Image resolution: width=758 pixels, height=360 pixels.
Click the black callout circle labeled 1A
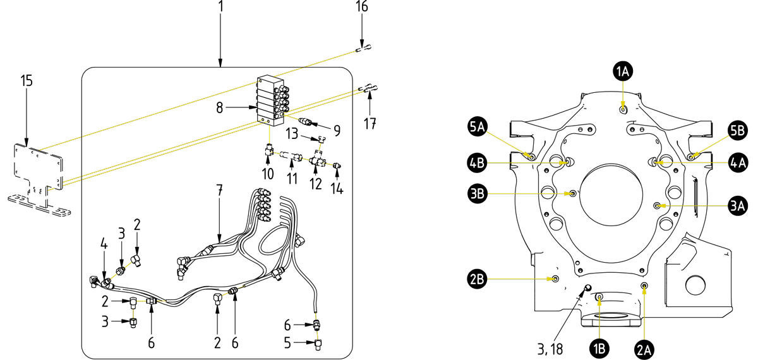[x=623, y=72]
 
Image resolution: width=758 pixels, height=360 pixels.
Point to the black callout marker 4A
[x=737, y=162]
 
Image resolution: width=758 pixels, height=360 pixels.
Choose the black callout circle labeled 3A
[x=737, y=205]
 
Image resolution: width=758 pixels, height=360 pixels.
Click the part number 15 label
[x=26, y=81]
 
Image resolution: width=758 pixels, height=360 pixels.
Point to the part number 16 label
[x=361, y=7]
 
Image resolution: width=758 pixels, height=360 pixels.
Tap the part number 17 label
[x=370, y=124]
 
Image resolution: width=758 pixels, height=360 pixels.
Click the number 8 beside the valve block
[x=219, y=108]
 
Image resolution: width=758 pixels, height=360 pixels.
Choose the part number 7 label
[x=220, y=189]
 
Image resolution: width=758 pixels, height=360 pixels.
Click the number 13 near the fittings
[x=292, y=134]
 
